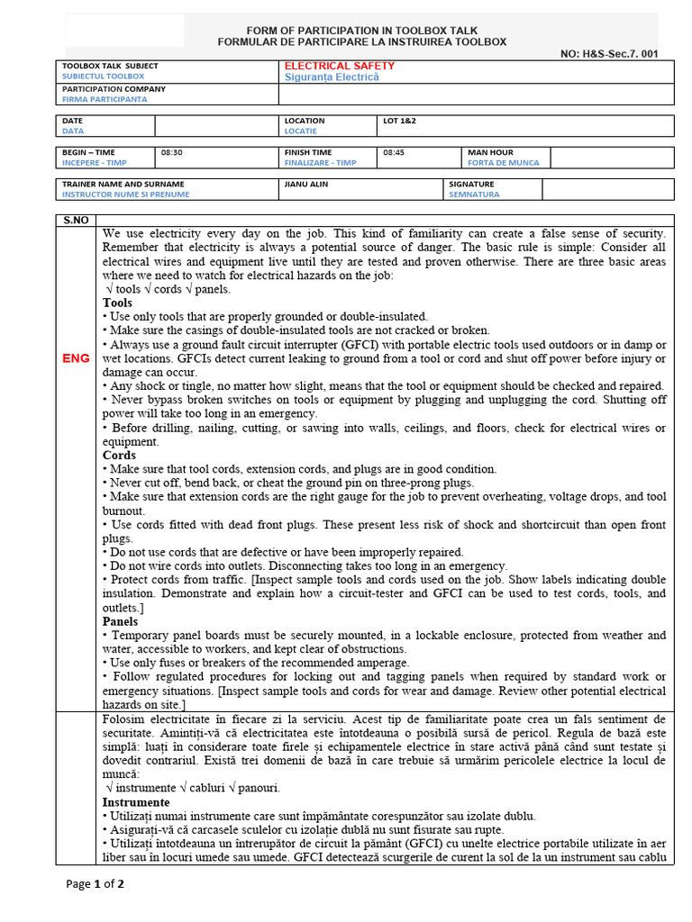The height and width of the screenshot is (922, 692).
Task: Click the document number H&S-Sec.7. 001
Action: pos(609,54)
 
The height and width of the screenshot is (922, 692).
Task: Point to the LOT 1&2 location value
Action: pos(399,121)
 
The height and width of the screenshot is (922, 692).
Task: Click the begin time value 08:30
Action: pos(171,152)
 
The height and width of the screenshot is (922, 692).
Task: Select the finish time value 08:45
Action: pos(394,152)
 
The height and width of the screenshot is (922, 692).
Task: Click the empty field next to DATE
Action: pos(215,126)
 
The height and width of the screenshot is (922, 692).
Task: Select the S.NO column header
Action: pos(76,220)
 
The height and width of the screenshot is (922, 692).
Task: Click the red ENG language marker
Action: pos(76,358)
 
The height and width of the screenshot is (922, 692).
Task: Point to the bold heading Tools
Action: pos(117,303)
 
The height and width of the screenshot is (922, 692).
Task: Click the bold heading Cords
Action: pos(119,456)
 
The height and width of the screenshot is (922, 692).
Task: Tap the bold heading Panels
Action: pos(120,621)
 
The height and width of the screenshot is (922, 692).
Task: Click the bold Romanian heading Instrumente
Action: pos(136,802)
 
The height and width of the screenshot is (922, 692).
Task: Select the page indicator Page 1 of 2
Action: pos(96,883)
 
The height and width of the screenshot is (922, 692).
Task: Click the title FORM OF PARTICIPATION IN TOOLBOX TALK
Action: pos(361,30)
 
